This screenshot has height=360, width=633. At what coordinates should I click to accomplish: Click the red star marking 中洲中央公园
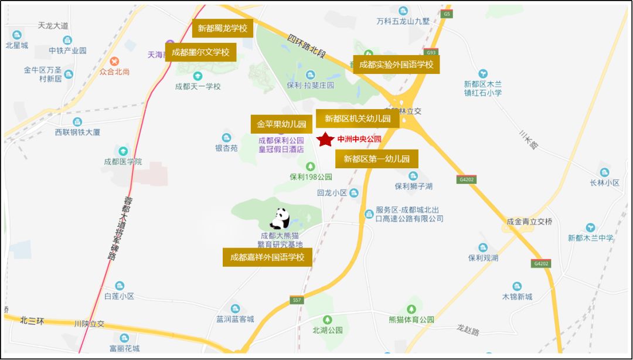tap(324, 140)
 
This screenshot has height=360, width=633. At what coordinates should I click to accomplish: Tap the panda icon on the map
tap(280, 219)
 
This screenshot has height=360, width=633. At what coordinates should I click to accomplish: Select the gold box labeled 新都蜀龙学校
tap(223, 28)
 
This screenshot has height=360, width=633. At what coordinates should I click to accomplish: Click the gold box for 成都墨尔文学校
tap(200, 52)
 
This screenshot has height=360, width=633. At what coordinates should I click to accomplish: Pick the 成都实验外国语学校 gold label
tap(396, 64)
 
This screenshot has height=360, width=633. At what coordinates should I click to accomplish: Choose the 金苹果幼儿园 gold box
tap(281, 124)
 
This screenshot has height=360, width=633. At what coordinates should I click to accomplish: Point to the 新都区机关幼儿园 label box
tap(358, 118)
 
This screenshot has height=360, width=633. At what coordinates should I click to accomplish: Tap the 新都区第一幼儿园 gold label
tap(376, 158)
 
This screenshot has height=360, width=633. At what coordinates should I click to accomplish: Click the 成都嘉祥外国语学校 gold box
tap(267, 257)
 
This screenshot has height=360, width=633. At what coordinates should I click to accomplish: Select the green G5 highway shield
tap(447, 13)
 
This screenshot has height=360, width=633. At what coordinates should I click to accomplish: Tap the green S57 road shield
tap(297, 300)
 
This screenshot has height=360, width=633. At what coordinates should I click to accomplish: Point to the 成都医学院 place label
tap(122, 161)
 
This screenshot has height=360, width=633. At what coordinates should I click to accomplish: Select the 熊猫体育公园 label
tap(411, 320)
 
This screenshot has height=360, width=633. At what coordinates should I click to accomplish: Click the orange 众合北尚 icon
tap(114, 61)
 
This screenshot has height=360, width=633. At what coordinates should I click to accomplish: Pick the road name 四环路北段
tap(306, 46)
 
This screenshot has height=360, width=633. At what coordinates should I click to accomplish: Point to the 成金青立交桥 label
tap(530, 222)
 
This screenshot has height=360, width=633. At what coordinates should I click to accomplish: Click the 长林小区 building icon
tap(604, 172)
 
